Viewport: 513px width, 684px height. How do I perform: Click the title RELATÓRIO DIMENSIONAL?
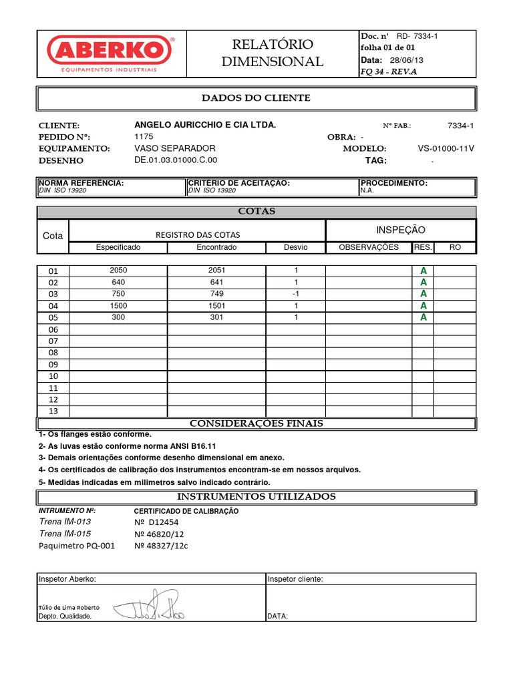pyautogui.click(x=272, y=53)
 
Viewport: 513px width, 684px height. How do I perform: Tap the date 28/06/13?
pyautogui.click(x=411, y=59)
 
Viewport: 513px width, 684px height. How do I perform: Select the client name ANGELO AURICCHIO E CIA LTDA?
pyautogui.click(x=205, y=125)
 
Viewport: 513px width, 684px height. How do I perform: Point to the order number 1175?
pyautogui.click(x=144, y=136)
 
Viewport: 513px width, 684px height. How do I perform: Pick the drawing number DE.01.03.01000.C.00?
pyautogui.click(x=176, y=160)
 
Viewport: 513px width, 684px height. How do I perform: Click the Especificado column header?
pyautogui.click(x=118, y=247)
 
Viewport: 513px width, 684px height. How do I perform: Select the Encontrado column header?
pyautogui.click(x=216, y=247)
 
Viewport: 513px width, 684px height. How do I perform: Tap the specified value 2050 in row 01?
pyautogui.click(x=118, y=271)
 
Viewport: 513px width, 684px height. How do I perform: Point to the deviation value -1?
pyautogui.click(x=295, y=294)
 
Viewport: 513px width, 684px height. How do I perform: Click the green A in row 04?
pyautogui.click(x=423, y=306)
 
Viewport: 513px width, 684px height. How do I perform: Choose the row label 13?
pyautogui.click(x=53, y=411)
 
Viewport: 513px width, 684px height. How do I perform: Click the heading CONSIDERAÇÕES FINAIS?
pyautogui.click(x=256, y=423)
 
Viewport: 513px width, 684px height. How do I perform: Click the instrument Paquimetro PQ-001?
pyautogui.click(x=77, y=546)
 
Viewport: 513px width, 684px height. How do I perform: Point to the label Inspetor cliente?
pyautogui.click(x=295, y=579)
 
